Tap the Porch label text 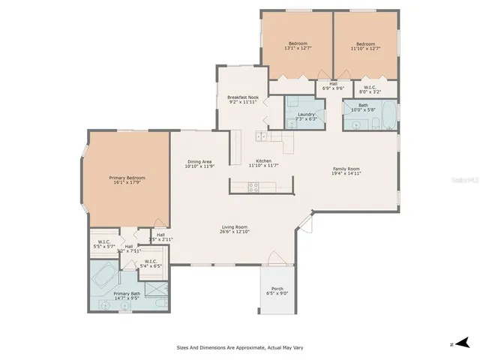click(x=277, y=288)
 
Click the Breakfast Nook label click(x=242, y=97)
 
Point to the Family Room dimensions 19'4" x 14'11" click(x=346, y=173)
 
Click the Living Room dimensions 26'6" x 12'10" click(x=235, y=232)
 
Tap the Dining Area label click(x=199, y=162)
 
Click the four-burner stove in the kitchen click(x=253, y=187)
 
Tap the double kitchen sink click(x=261, y=136)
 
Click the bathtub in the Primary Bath click(x=103, y=277)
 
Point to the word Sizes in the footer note click(x=183, y=347)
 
